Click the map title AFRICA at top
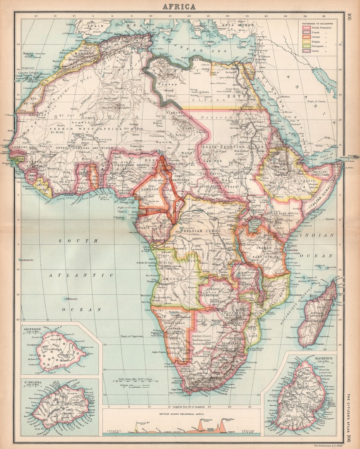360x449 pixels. point(179,6)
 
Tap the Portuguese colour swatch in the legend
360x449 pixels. point(304,46)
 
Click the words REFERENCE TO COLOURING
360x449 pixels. point(317,23)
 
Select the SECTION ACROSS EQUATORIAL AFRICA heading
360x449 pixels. point(181,413)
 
